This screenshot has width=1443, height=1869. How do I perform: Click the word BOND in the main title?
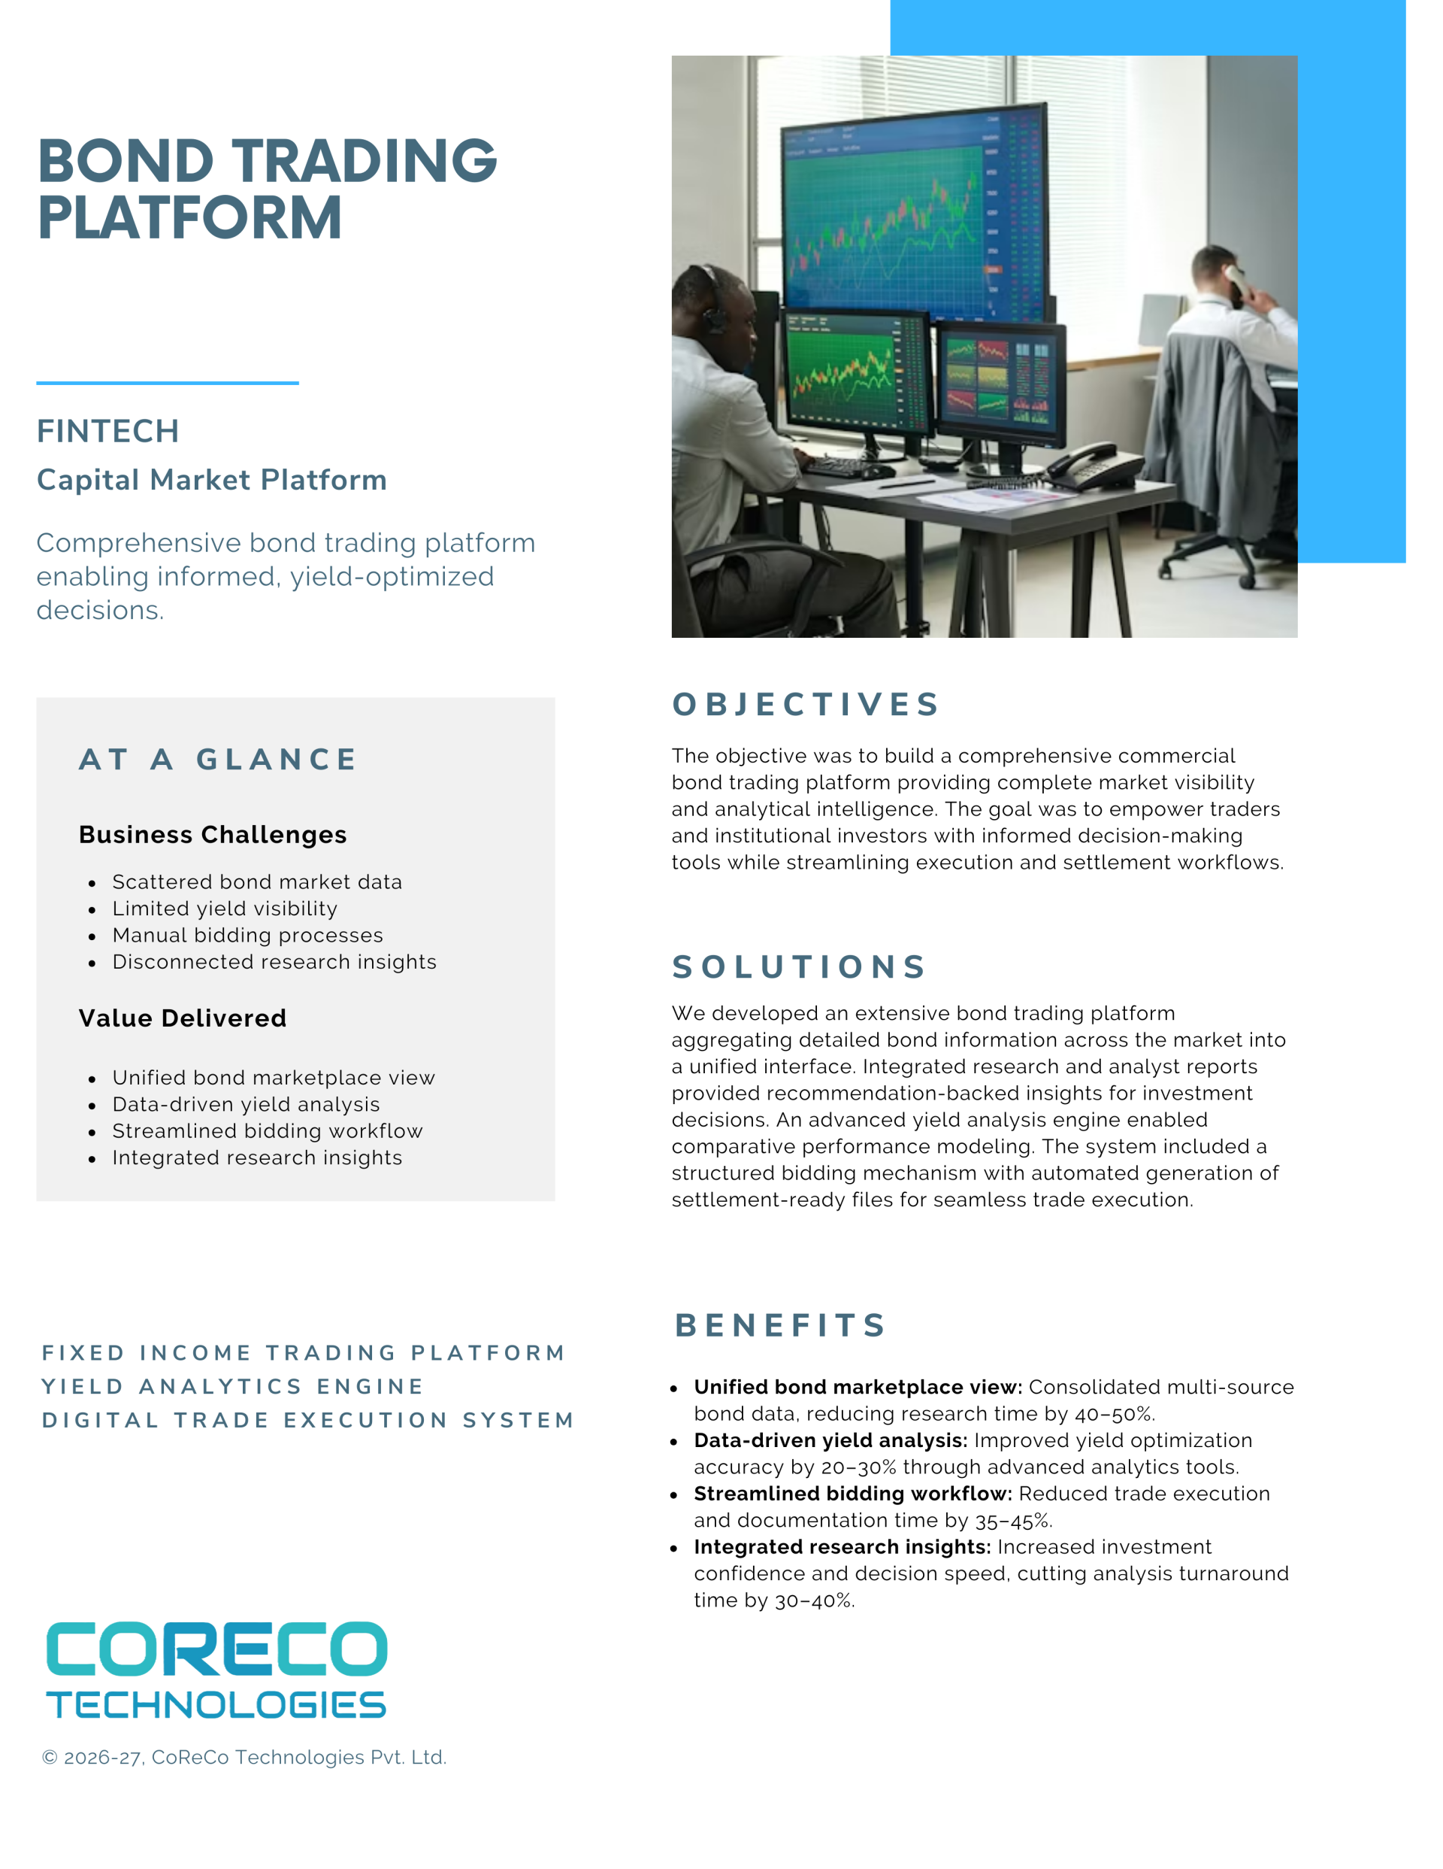126,161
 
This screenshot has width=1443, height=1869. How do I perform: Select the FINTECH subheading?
107,431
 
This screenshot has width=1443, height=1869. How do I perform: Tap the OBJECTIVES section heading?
806,704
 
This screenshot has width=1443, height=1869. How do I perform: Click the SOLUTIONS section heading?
799,967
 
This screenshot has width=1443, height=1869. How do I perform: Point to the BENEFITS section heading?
780,1325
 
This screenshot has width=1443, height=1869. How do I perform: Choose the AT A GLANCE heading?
218,759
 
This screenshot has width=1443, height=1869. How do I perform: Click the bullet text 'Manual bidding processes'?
247,936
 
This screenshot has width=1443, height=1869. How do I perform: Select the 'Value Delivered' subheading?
182,1018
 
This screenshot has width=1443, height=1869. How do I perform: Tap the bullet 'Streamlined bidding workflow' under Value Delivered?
267,1131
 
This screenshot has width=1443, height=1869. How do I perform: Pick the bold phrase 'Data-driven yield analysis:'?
830,1440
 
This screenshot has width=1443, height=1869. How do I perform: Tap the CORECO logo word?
216,1649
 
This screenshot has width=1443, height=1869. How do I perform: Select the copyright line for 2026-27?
244,1757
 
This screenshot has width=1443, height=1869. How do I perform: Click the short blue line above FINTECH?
167,383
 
